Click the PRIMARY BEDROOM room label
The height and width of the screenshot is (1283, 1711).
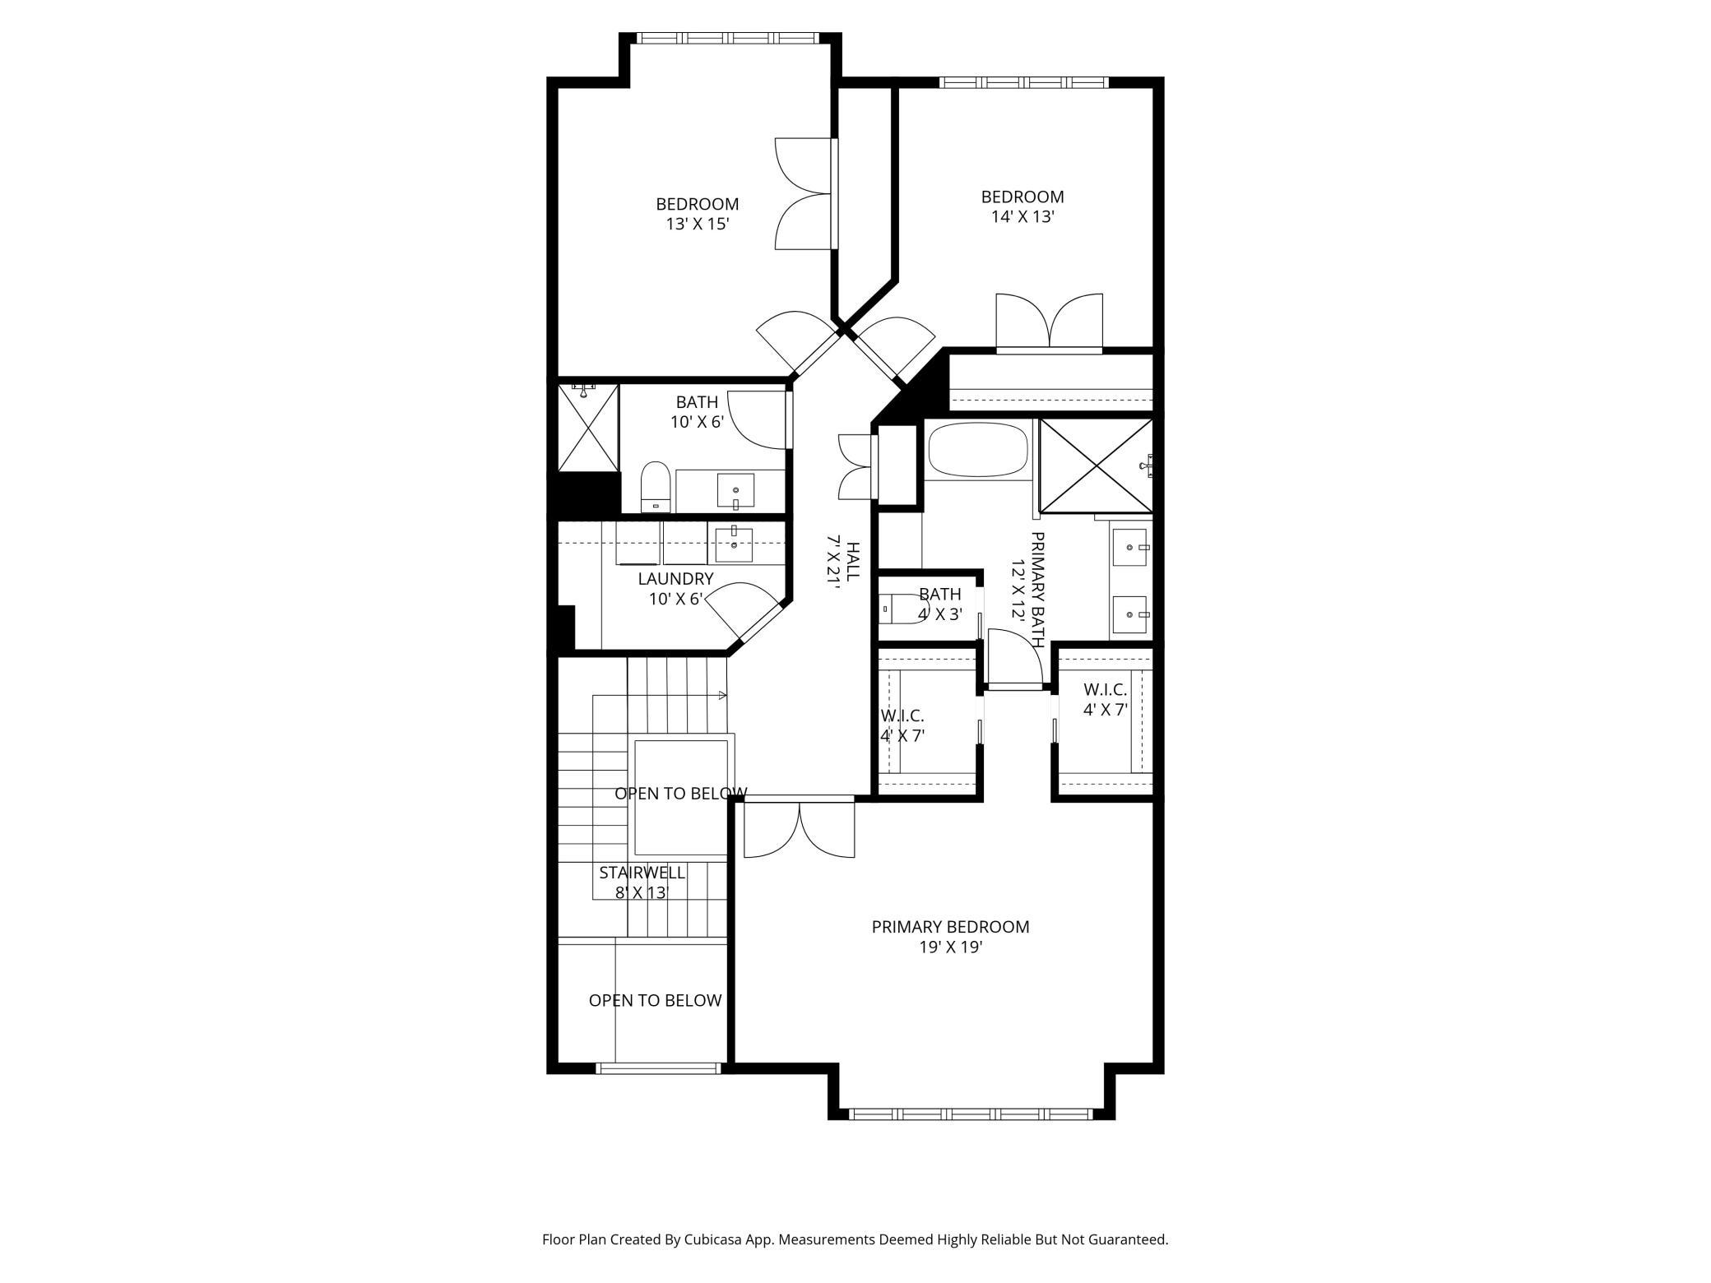tap(950, 927)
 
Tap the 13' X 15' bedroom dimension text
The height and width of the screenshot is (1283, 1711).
tap(698, 224)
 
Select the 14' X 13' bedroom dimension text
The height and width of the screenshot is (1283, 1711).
tap(1022, 217)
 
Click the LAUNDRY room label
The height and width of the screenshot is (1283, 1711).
tap(675, 579)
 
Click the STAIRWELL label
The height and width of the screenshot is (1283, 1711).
tap(642, 873)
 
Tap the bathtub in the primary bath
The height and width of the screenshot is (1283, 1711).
tap(978, 450)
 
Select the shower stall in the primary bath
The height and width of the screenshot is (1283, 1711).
tap(1096, 465)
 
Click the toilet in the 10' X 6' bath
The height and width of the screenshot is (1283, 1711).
tap(656, 487)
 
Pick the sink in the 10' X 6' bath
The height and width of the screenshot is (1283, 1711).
tap(735, 491)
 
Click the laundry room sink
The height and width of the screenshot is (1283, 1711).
tap(733, 544)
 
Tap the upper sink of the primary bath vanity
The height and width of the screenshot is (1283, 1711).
tap(1131, 547)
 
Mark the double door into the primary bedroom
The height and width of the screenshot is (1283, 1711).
tap(800, 827)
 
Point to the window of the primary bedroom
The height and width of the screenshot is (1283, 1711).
tap(971, 1114)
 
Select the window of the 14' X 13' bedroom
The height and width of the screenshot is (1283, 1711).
tap(1024, 82)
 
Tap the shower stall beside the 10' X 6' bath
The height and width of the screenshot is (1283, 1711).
tap(587, 428)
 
